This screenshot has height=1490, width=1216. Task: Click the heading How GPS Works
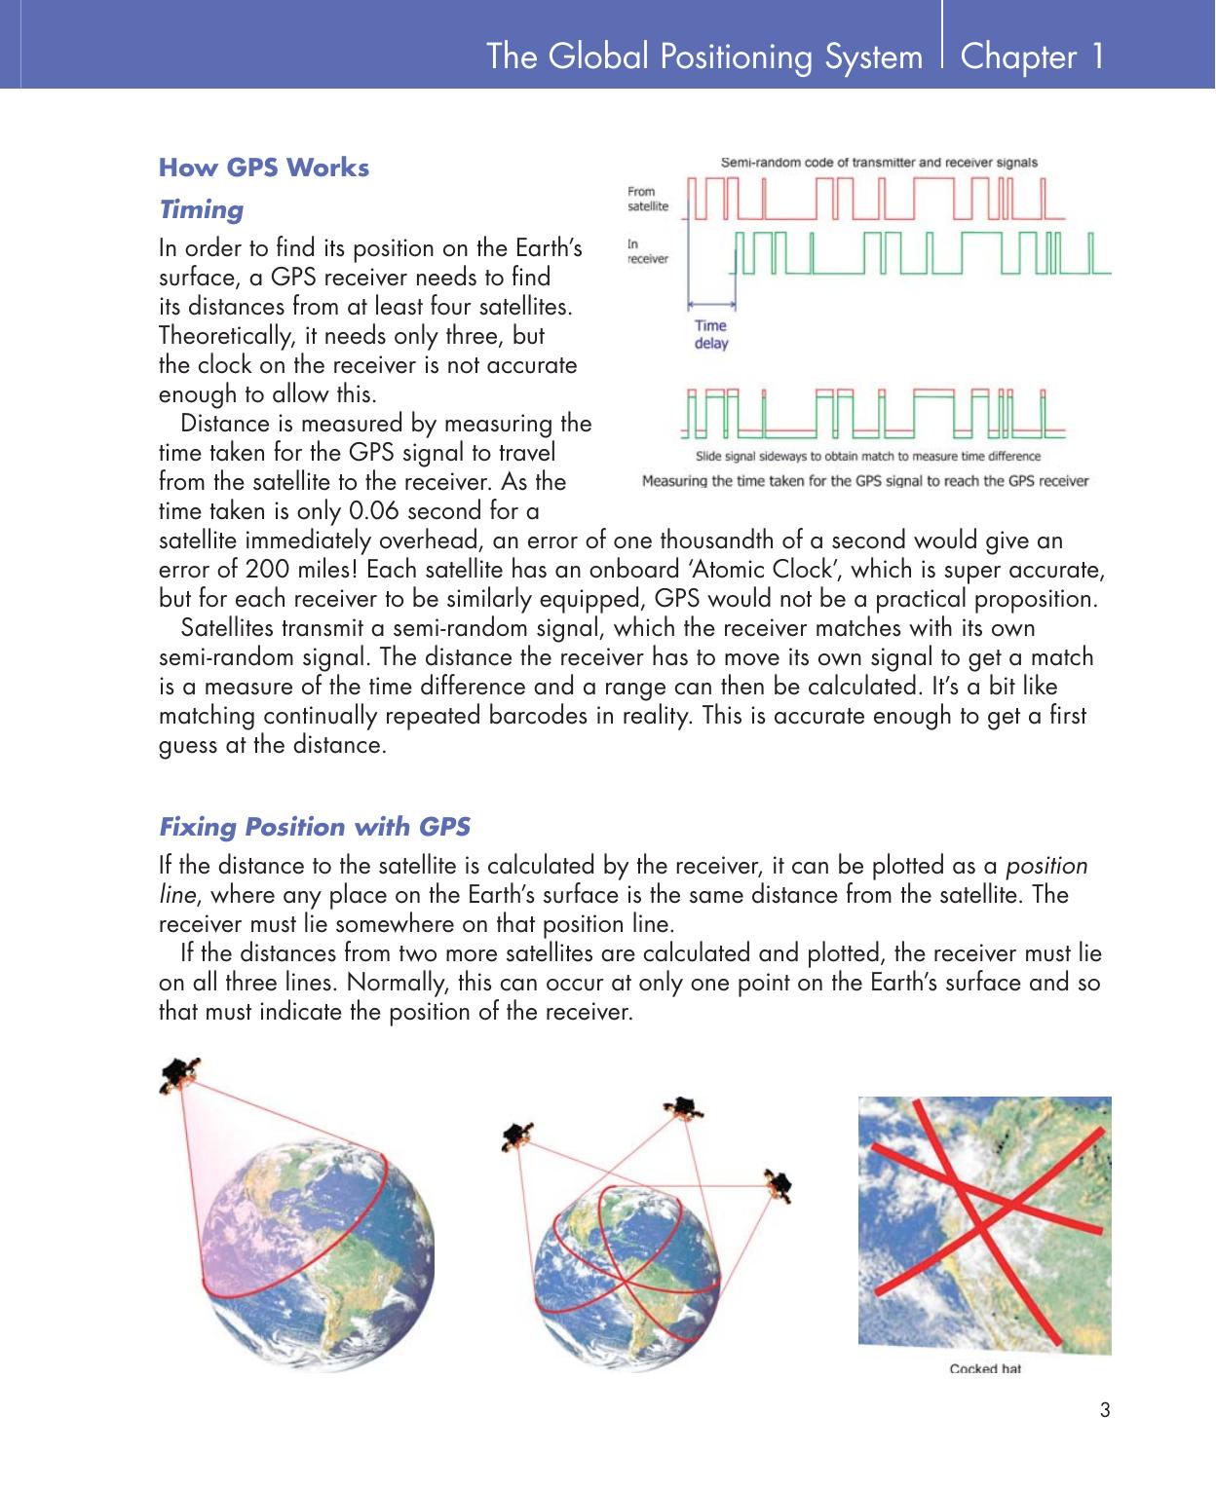[263, 168]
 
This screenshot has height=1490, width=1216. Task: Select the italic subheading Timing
[201, 209]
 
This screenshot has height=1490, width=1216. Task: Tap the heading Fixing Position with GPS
[314, 827]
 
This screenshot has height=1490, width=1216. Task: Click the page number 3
[1104, 1409]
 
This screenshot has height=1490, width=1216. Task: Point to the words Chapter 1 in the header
[1032, 56]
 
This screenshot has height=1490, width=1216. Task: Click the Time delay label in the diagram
[710, 334]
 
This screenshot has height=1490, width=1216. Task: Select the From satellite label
[648, 199]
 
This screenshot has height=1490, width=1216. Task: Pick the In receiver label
[648, 251]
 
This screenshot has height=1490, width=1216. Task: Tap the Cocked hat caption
[985, 1369]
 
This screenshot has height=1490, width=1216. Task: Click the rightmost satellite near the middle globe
[779, 1183]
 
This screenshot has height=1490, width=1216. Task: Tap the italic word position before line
[1046, 866]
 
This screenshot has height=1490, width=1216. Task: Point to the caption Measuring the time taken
[864, 480]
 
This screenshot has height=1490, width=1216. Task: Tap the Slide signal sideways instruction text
[867, 456]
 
